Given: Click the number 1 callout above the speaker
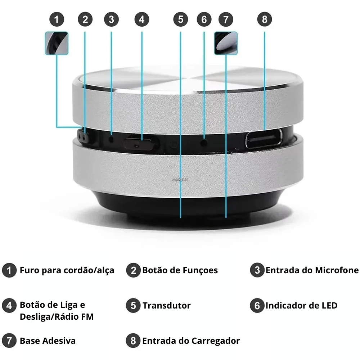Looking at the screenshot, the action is point(57,19).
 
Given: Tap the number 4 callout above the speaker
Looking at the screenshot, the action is point(141,19).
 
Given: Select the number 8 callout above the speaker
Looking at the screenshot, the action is point(265,19).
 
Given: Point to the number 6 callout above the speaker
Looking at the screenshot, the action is point(204,19).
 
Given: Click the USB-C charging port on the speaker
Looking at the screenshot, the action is point(264,139).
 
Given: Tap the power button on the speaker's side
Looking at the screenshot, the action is point(141,143).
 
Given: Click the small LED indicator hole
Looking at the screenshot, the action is point(204,143).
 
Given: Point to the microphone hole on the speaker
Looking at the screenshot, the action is point(112,139).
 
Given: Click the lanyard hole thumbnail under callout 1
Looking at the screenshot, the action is point(57,43).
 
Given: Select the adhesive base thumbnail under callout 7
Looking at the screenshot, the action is point(226,43).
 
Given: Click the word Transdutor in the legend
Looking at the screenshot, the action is point(166,306).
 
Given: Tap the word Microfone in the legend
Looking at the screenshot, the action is point(337,270).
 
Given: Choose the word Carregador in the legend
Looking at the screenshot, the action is point(216,341).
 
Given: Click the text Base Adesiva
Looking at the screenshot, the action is point(48,341).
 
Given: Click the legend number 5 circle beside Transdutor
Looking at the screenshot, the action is point(133,306).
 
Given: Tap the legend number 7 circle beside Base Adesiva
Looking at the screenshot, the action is point(9,341).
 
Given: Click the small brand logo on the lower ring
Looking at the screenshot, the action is point(180,180).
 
